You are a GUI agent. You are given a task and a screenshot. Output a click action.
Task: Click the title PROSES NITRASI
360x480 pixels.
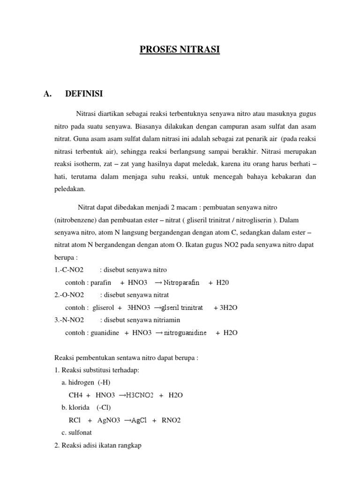click(180, 49)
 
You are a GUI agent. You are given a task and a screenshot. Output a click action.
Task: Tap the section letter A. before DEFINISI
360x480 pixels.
click(47, 94)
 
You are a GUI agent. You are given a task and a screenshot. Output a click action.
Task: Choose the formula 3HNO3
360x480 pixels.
click(139, 308)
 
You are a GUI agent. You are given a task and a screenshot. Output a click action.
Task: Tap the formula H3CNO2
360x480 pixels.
click(139, 395)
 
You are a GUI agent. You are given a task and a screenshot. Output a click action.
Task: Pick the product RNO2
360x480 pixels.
click(171, 420)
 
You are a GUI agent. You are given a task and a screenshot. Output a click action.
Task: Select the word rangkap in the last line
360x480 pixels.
click(128, 446)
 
